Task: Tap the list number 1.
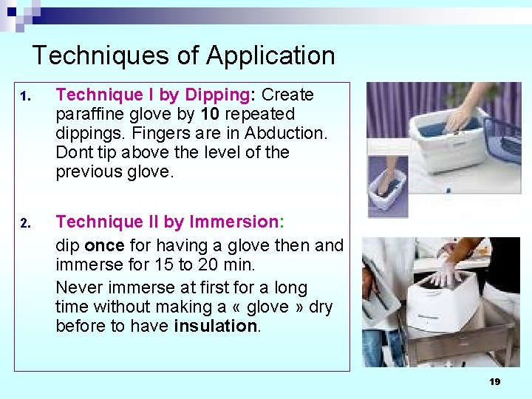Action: (24, 97)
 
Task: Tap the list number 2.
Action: (24, 223)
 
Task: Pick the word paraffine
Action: (92, 115)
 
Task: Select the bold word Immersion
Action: (231, 222)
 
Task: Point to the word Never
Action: (78, 287)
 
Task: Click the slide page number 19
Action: (494, 382)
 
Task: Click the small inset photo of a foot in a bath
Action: (387, 185)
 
